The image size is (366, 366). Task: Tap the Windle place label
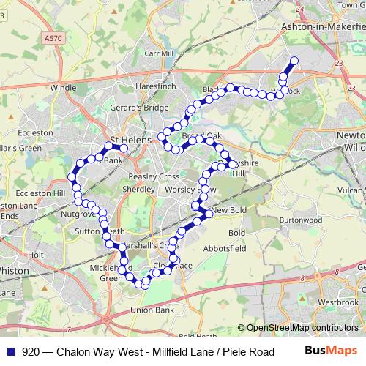tap(63, 88)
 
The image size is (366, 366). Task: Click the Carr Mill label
tap(157, 53)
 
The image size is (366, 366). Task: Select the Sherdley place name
tap(138, 189)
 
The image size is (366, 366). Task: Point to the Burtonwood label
tap(301, 220)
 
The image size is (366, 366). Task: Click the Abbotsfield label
tap(225, 248)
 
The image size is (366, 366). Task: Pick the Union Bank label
tap(152, 310)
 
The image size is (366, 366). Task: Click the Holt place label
tap(35, 255)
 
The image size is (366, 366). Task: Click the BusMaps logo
tap(330, 351)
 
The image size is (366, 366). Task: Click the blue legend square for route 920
tap(11, 351)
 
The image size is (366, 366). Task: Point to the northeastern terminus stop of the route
tap(294, 61)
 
